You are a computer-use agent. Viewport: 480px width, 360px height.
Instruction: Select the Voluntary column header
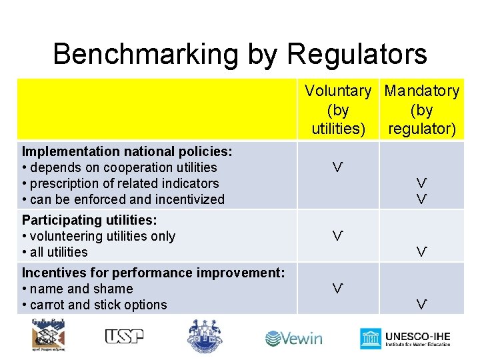[x=338, y=109]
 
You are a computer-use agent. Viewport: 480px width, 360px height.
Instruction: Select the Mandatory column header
[x=422, y=109]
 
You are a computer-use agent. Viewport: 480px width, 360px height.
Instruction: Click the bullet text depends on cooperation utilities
[x=120, y=167]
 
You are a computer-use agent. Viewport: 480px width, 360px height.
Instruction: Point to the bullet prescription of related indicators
[x=121, y=183]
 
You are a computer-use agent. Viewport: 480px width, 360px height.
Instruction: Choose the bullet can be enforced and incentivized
[x=123, y=199]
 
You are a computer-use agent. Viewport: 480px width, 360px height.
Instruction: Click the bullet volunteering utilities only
[x=99, y=236]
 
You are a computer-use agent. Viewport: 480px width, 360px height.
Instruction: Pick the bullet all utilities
[x=55, y=252]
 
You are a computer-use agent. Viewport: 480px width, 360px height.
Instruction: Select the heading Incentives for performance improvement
[x=153, y=273]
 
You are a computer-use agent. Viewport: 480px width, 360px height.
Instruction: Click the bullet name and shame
[x=77, y=289]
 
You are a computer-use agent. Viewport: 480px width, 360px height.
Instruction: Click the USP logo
[x=124, y=336]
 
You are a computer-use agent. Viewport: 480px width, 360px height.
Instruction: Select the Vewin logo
[x=294, y=338]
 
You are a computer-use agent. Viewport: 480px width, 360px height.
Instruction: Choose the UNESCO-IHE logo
[x=405, y=337]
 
